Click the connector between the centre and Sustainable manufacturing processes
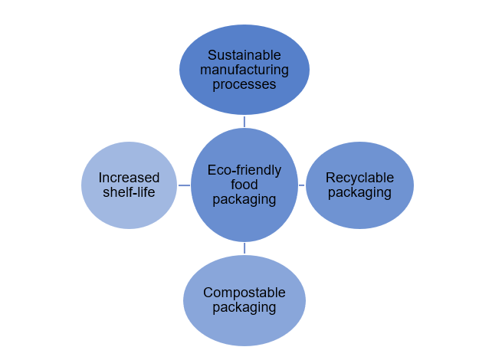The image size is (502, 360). click(244, 121)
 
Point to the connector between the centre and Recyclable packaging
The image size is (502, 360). click(302, 185)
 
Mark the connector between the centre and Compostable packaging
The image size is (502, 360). click(244, 249)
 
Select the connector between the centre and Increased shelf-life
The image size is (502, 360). click(184, 185)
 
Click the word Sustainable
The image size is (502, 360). click(244, 56)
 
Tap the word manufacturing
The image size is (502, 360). click(244, 70)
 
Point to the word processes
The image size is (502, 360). click(244, 84)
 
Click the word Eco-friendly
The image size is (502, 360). click(244, 170)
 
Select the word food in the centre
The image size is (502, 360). click(244, 185)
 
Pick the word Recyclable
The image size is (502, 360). click(359, 178)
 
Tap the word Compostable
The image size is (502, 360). click(244, 293)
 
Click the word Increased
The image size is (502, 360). click(130, 178)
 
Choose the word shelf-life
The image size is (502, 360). click(130, 192)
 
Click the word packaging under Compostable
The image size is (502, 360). click(244, 308)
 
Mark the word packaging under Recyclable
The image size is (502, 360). click(359, 192)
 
